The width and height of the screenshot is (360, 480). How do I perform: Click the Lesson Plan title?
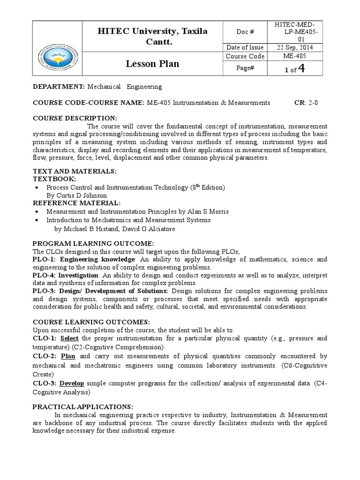152,64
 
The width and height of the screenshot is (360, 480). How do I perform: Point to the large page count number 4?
302,68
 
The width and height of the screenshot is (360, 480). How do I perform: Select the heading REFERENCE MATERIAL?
76,203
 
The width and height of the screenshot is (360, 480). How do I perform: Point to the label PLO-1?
45,259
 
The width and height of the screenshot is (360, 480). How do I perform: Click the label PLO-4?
45,275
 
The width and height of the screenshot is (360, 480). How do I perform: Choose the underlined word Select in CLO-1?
69,338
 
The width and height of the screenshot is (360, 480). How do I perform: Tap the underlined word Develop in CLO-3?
72,383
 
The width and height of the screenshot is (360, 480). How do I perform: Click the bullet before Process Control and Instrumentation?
37,187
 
